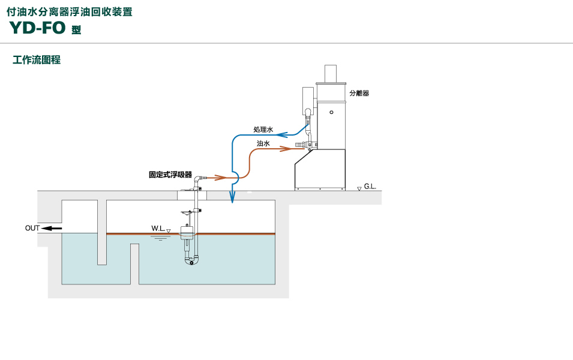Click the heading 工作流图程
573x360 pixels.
click(37, 60)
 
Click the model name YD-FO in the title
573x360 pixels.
click(37, 28)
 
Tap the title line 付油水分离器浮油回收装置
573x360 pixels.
click(70, 11)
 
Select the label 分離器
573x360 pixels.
click(359, 93)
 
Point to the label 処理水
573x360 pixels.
click(263, 130)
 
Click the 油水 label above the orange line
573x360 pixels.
click(263, 144)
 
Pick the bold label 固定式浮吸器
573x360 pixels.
click(170, 175)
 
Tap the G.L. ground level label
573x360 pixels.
click(370, 187)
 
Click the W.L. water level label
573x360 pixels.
click(158, 229)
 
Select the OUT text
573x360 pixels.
click(32, 228)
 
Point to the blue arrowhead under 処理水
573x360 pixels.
click(280, 134)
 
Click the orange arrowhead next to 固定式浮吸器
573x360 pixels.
click(221, 178)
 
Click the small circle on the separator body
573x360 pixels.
click(332, 111)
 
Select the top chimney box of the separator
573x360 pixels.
click(331, 73)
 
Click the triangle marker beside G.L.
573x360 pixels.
click(359, 188)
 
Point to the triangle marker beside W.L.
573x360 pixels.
click(169, 230)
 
